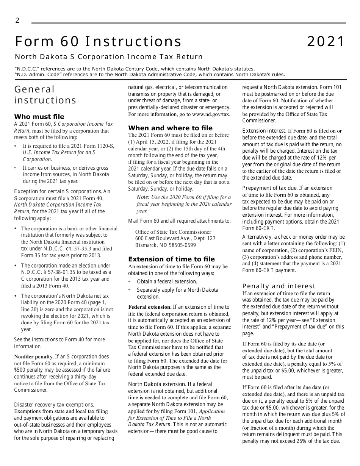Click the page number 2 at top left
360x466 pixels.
pyautogui.click(x=17, y=20)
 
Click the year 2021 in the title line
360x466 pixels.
pyautogui.click(x=326, y=42)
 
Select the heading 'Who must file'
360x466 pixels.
pyautogui.click(x=39, y=117)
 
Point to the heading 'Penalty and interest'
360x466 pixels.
pyautogui.click(x=279, y=286)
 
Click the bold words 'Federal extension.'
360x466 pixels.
pyautogui.click(x=150, y=307)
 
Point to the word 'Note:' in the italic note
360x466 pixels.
pyautogui.click(x=143, y=197)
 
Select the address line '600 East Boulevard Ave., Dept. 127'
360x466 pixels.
pyautogui.click(x=175, y=238)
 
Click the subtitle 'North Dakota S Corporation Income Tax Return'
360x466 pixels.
pyautogui.click(x=109, y=57)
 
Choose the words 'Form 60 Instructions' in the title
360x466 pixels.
pyautogui.click(x=98, y=42)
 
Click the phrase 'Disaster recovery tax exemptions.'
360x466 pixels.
pyautogui.click(x=54, y=405)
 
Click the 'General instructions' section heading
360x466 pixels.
pyautogui.click(x=45, y=95)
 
